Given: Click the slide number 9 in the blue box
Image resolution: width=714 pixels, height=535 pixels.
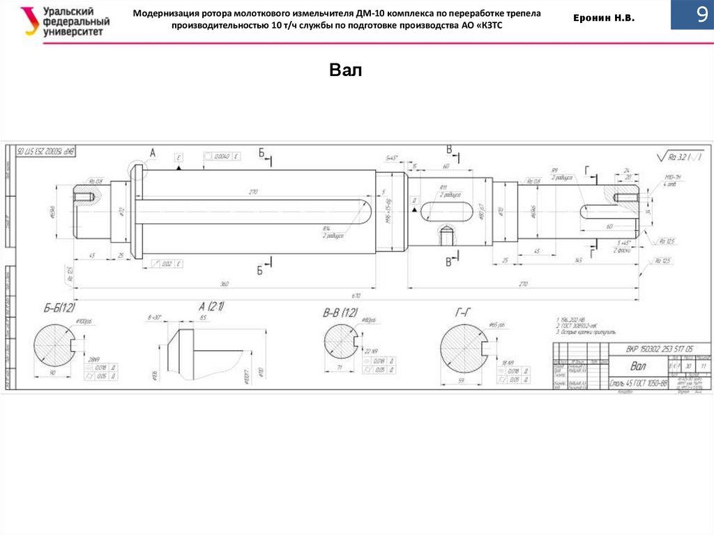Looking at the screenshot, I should pos(700,15).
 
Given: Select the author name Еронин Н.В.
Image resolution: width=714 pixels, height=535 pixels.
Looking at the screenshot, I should pos(604,20).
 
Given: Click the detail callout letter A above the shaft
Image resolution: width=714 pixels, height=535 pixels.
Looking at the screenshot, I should pos(153,152).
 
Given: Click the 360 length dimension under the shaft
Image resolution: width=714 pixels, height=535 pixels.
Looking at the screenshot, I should pos(225,285).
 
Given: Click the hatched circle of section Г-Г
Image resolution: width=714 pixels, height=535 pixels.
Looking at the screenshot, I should pos(465,349).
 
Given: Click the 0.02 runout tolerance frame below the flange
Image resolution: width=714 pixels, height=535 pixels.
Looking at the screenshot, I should pos(167,264).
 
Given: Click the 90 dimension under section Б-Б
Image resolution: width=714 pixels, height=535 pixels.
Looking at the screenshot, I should pos(53,373).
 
